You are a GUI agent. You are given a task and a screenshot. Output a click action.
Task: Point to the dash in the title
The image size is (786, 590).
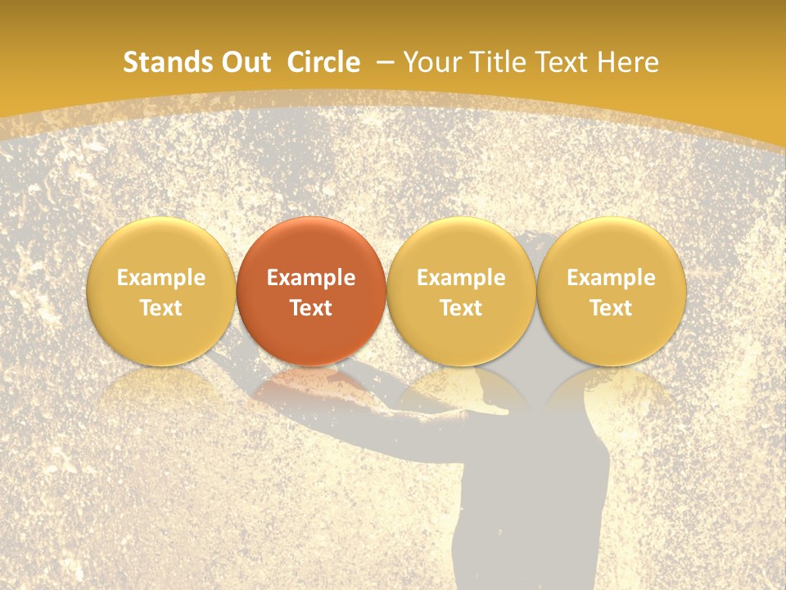coord(383,62)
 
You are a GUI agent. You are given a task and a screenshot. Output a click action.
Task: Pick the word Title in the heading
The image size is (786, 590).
coord(491,62)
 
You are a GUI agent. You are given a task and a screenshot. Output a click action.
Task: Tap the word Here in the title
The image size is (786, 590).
coord(628,62)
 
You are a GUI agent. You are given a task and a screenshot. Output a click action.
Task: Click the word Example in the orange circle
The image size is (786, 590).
coord(311,278)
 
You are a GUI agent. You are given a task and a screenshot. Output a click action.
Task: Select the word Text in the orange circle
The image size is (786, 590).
coord(311,308)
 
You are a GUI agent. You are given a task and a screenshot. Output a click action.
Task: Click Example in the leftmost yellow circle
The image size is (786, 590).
coord(161,278)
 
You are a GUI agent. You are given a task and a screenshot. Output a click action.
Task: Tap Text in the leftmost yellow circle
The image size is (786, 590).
coord(161,308)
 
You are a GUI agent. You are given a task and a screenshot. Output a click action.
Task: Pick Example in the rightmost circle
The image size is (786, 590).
coord(612,278)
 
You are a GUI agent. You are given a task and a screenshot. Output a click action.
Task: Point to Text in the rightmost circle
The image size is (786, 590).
coord(612,308)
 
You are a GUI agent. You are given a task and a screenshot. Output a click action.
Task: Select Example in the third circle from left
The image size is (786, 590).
coord(461,278)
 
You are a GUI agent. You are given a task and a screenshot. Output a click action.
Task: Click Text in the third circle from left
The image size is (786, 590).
coord(461,308)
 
